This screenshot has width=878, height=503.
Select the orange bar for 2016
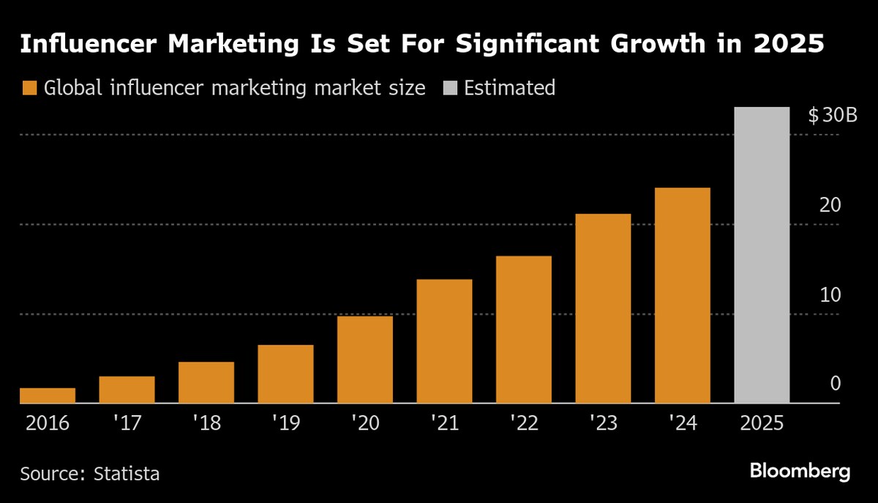[48, 395]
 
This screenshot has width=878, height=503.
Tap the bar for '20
[365, 359]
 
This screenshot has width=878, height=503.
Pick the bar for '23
[603, 308]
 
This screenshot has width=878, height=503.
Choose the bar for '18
[206, 382]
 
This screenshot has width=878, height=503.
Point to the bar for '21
[444, 341]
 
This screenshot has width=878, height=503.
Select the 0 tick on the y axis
[835, 384]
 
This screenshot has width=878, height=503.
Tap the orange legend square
[29, 89]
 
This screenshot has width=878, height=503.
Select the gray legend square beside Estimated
[449, 89]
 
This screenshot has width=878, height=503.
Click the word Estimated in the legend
[509, 89]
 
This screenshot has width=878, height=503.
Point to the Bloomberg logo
[800, 471]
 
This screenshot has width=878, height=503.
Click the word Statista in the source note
[127, 473]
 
